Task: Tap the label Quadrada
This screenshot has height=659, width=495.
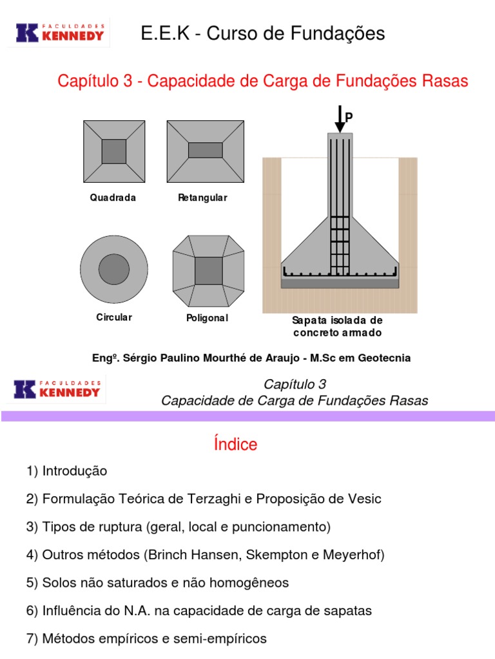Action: click(x=113, y=198)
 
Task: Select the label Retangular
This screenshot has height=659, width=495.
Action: click(x=203, y=198)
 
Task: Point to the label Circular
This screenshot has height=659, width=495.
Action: click(x=113, y=317)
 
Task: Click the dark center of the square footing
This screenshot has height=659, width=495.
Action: click(x=114, y=152)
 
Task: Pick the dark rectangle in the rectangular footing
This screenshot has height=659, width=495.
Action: click(x=205, y=151)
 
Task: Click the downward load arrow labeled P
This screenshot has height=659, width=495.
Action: click(x=340, y=120)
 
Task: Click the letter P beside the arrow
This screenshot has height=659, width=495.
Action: click(x=350, y=116)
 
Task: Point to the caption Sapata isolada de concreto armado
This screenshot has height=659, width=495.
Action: click(x=337, y=327)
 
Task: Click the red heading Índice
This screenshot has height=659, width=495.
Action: click(x=235, y=444)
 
